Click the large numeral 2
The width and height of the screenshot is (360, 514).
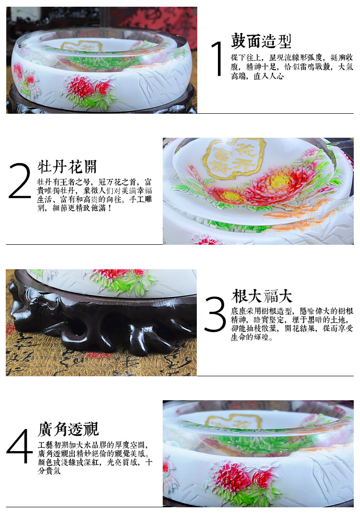tap(20, 180)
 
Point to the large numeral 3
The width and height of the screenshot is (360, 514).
tap(215, 314)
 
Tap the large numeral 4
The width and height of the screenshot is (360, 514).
tap(20, 446)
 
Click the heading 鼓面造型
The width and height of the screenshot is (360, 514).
tap(261, 41)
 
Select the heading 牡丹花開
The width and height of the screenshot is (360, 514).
tap(67, 167)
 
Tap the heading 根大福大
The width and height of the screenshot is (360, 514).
tap(261, 296)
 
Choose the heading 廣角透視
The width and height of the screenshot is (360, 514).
tap(68, 429)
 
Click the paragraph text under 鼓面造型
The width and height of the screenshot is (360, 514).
tap(292, 67)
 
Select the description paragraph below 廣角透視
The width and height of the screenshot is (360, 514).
tap(95, 458)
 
